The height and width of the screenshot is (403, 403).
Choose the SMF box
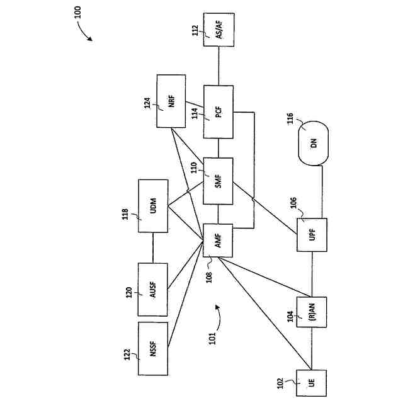pyautogui.click(x=218, y=181)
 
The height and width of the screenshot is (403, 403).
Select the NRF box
pyautogui.click(x=171, y=101)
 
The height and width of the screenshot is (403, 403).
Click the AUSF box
pyautogui.click(x=153, y=289)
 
